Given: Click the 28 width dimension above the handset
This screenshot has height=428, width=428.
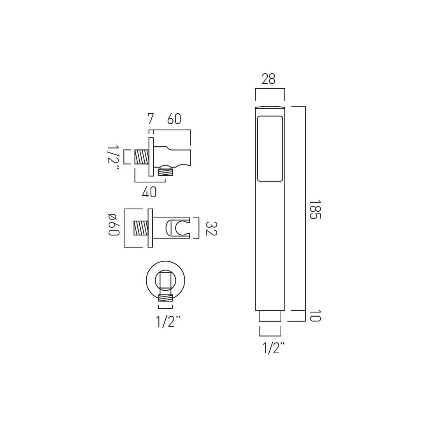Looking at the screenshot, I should click(x=268, y=79).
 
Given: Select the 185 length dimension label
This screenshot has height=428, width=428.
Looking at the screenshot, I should click(x=314, y=210).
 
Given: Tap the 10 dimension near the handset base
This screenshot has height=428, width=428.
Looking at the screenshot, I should click(x=315, y=316).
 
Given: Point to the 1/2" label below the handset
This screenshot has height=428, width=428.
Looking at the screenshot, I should click(x=274, y=348).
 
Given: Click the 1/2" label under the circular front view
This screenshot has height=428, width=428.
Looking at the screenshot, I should click(x=168, y=322).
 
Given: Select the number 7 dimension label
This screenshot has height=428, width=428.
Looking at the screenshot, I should click(x=151, y=119).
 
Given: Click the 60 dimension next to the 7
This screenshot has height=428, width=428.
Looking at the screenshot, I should click(x=174, y=119).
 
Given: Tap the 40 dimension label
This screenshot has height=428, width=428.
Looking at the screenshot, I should click(x=149, y=192).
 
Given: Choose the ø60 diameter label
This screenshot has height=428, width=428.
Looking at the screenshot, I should click(x=113, y=224).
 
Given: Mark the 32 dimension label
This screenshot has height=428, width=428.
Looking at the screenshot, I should click(x=210, y=228).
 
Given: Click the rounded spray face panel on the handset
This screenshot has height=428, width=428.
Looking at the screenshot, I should click(x=270, y=149).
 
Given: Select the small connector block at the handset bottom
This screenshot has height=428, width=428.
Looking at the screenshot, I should click(x=270, y=316).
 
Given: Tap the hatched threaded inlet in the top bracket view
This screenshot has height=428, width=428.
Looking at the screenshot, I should click(x=142, y=157).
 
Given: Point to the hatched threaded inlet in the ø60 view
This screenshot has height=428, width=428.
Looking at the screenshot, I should click(x=140, y=228).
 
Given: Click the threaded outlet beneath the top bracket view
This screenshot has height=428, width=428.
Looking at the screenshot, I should click(x=165, y=171).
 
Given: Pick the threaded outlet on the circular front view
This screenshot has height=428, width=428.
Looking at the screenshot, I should click(x=165, y=298).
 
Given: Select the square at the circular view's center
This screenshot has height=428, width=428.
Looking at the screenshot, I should click(x=165, y=280).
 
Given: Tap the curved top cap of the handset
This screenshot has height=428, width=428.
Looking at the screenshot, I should click(x=270, y=107).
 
